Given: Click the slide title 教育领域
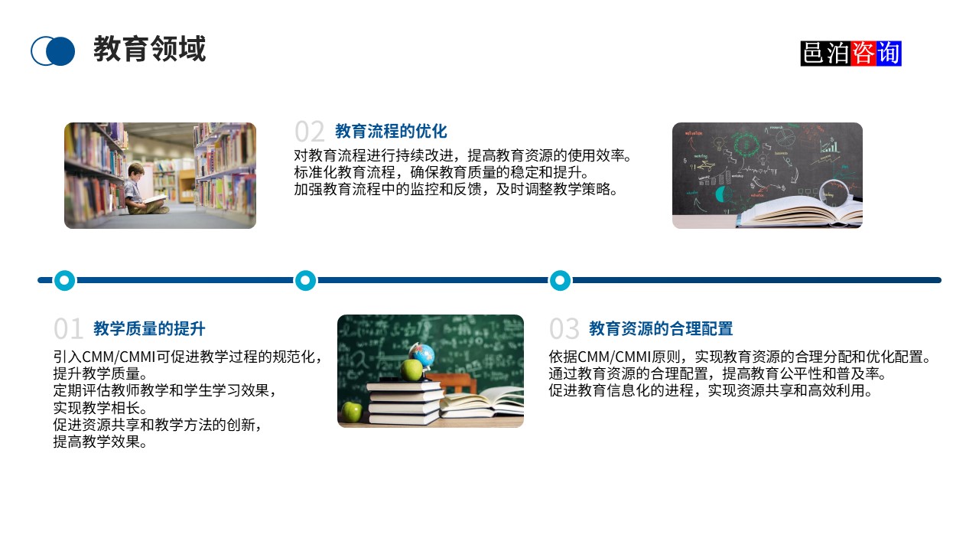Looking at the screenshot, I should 149,49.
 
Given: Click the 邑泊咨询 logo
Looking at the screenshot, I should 851,54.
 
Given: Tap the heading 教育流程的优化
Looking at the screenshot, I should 391,131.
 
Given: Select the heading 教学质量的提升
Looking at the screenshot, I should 149,329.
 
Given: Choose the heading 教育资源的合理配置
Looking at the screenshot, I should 661,329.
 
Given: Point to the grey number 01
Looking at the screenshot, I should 68,329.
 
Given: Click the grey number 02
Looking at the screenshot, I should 310,131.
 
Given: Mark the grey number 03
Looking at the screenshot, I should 564,329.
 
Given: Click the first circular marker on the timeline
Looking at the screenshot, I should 65,280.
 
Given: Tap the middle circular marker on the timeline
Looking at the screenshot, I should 305,280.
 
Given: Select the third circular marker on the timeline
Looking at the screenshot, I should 561,280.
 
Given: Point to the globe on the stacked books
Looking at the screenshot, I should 421,355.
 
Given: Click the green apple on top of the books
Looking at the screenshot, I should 411,370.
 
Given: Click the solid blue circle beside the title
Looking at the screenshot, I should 60,51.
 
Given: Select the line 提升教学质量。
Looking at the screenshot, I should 99,373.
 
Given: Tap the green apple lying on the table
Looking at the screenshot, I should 351,411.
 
